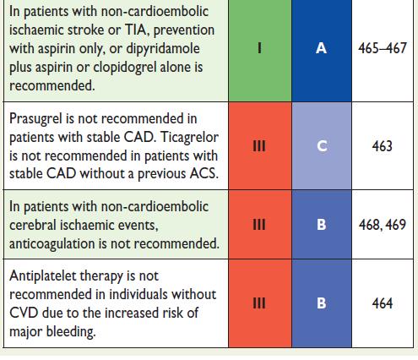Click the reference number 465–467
coord(383,48)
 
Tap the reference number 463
coord(382,146)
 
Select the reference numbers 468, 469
coord(382,225)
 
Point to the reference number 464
coord(382,303)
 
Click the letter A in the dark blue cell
coord(321,48)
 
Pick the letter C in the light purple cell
coord(322,146)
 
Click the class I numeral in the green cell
coord(259,48)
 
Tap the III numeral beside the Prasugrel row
coord(259,146)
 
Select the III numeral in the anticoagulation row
coord(259,225)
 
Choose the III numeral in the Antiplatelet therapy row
coord(259,303)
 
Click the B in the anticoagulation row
coord(322,225)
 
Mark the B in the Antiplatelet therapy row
coord(322,303)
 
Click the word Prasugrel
coord(35,119)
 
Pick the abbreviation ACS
coord(204,173)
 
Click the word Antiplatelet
coord(43,276)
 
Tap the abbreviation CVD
coord(24,313)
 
